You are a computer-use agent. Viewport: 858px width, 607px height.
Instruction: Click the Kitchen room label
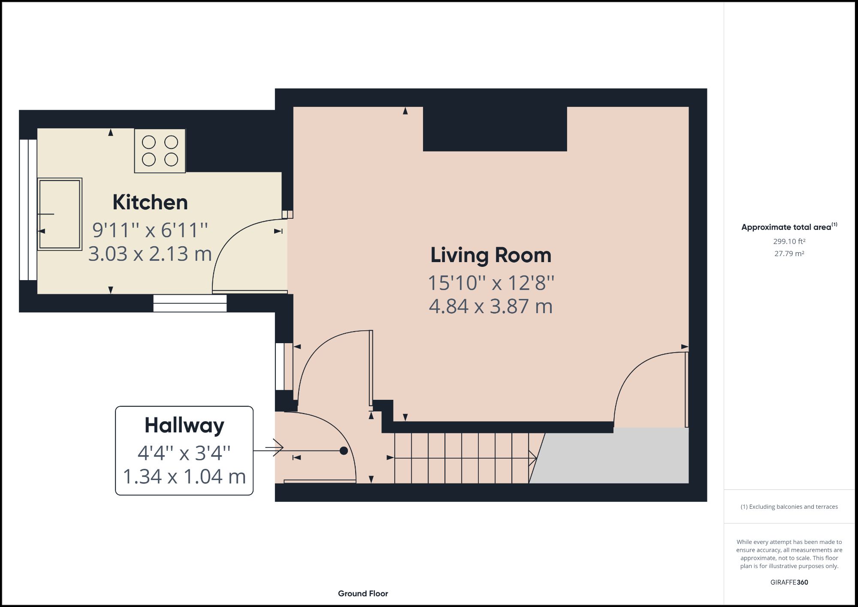tap(150, 202)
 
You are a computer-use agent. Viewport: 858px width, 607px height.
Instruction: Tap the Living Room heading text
tap(490, 255)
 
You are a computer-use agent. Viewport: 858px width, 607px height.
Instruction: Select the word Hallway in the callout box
tap(184, 425)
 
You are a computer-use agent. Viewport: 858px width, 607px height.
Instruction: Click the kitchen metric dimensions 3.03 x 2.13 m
tap(150, 254)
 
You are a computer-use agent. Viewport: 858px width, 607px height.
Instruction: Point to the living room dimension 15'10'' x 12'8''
tap(491, 283)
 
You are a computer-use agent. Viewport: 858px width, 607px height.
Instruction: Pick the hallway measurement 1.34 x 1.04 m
tap(184, 477)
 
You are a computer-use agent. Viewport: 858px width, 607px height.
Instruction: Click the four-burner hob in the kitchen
tap(160, 151)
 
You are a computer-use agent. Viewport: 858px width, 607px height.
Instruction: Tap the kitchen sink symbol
tap(60, 214)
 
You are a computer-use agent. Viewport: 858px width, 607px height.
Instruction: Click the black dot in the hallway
tap(344, 451)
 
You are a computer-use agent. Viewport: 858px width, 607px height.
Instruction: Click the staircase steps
tap(461, 458)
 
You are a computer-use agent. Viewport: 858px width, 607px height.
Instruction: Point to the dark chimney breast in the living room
tap(495, 129)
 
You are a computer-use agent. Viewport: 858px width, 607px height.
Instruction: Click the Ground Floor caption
tap(363, 594)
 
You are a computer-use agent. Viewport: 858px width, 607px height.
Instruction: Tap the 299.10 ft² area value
tap(789, 242)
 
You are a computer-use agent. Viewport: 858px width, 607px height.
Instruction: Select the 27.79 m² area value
tap(789, 254)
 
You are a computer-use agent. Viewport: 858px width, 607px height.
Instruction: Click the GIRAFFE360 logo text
tap(789, 582)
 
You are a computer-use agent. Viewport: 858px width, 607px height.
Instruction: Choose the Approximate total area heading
tap(786, 227)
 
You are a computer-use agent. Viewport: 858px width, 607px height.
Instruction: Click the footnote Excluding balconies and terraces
tap(789, 507)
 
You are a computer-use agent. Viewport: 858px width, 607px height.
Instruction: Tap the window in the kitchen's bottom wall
tap(190, 303)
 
